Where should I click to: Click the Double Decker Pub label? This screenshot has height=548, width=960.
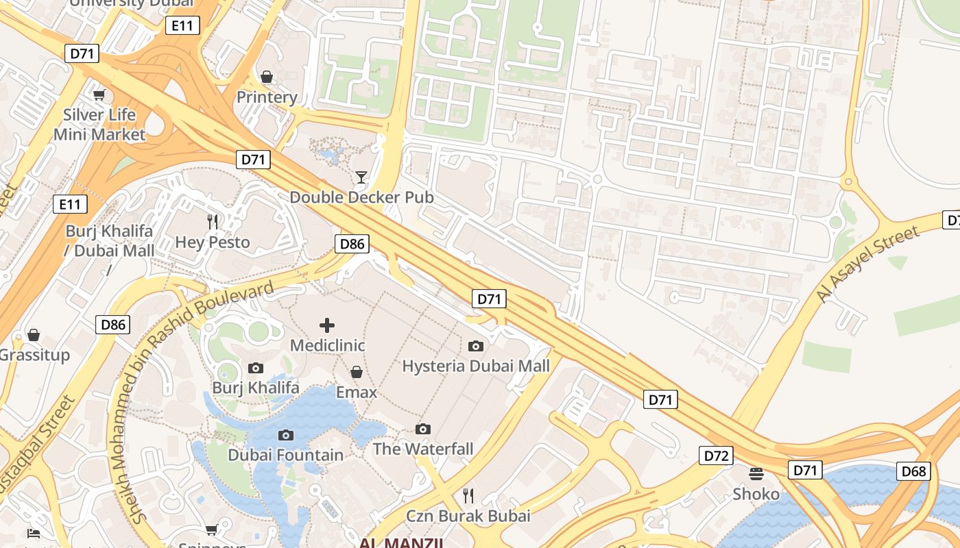click(x=361, y=197)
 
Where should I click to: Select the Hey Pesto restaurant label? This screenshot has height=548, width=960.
click(x=213, y=242)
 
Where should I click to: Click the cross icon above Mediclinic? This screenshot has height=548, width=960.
click(x=327, y=325)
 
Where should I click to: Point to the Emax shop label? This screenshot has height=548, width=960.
click(x=357, y=393)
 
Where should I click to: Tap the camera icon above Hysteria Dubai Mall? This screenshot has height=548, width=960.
click(x=475, y=346)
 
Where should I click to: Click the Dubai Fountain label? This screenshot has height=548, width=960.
click(x=286, y=455)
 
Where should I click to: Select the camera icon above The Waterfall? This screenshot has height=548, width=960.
click(x=423, y=429)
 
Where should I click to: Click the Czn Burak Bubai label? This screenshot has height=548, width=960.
click(x=468, y=516)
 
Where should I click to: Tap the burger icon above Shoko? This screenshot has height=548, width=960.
click(x=756, y=474)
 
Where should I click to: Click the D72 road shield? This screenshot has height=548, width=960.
click(x=716, y=456)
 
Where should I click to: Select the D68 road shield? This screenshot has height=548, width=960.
click(x=913, y=471)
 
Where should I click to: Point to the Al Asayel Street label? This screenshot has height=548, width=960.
click(x=867, y=264)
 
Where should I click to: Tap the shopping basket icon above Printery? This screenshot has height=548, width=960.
click(x=267, y=76)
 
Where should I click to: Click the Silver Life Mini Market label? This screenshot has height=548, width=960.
click(x=99, y=125)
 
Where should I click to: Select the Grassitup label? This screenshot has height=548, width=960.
click(x=34, y=355)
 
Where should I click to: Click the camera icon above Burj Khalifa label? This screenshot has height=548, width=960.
click(x=256, y=368)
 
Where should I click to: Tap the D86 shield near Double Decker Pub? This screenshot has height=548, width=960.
click(x=352, y=243)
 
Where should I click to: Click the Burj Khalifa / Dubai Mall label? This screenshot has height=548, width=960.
click(x=110, y=241)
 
